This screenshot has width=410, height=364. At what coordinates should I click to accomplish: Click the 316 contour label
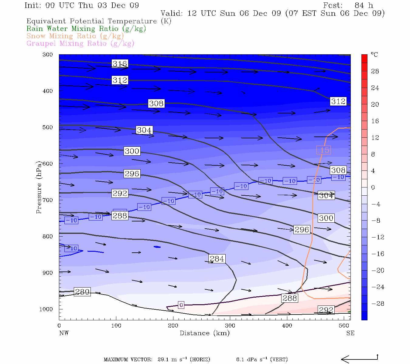coord(120,64)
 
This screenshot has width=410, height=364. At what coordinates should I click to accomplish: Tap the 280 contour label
coord(82,292)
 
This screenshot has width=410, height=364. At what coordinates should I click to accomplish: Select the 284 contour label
coord(217,259)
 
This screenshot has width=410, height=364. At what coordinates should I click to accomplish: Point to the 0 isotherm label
coord(181,305)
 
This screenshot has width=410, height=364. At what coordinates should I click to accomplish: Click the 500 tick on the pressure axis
coord(48,127)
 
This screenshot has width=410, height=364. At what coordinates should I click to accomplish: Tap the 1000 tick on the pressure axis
coord(46,309)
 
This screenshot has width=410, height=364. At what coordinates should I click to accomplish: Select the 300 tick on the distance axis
coord(230,326)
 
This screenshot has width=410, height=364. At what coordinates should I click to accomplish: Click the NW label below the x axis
coord(64,333)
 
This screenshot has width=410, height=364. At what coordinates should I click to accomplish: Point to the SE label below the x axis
coord(350,333)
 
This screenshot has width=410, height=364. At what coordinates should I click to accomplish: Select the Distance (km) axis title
coord(204,333)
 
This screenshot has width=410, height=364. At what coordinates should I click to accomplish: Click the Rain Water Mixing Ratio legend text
coord(86,29)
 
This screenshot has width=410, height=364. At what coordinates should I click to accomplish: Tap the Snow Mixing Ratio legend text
coord(75,36)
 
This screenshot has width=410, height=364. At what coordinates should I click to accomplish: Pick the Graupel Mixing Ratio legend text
coord(80,43)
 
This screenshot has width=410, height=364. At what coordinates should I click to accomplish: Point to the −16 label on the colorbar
coord(378,254)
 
